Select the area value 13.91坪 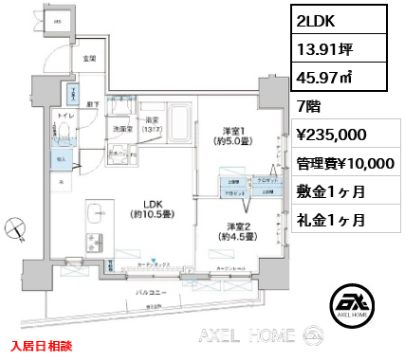point(324,48)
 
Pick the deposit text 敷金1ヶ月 point(331,191)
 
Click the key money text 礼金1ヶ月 point(331,221)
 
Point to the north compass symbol point(13,226)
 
